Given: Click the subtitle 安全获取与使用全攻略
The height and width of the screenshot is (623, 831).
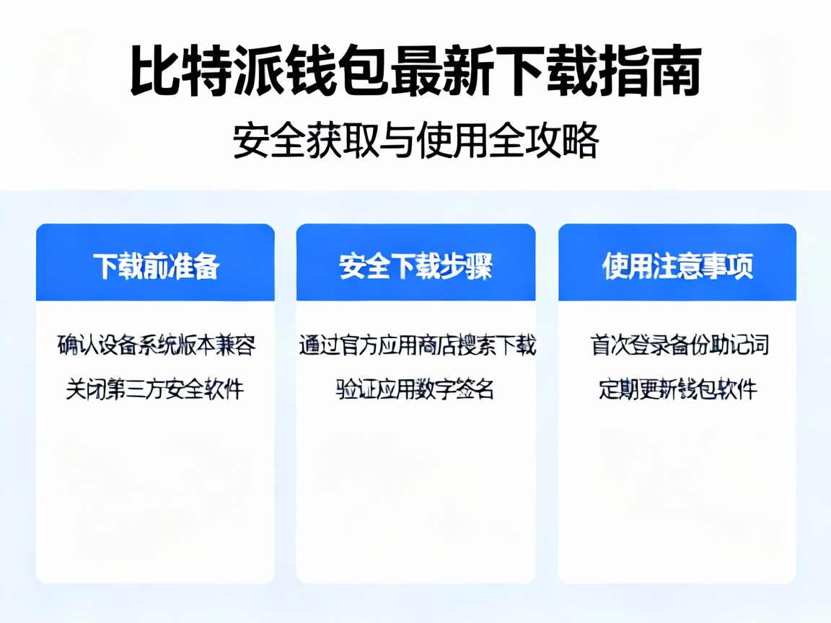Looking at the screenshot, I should click(x=415, y=141).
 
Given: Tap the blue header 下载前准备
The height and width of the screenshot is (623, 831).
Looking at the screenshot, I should click(x=155, y=266).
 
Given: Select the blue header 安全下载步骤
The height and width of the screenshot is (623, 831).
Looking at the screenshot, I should click(x=415, y=266).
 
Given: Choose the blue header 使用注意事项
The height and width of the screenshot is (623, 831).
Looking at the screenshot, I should click(x=677, y=266).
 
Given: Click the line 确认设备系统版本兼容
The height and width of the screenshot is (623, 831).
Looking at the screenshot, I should click(x=156, y=345).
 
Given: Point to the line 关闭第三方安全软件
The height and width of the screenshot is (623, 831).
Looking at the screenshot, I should click(x=155, y=389).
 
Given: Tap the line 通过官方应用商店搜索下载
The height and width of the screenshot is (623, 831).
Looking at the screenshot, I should click(x=417, y=345).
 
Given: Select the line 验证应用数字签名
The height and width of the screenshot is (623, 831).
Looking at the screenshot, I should click(x=415, y=389).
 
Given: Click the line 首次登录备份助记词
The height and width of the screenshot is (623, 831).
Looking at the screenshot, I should click(x=678, y=345).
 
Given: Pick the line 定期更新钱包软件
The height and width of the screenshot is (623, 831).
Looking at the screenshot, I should click(x=678, y=389).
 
